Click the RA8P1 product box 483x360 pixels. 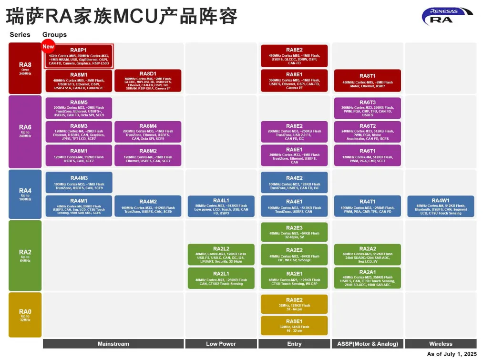[x=79, y=56]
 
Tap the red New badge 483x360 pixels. [x=49, y=46]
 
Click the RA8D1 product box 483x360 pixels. [x=148, y=81]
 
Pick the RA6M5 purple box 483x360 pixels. [x=79, y=108]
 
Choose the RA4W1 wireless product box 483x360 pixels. [x=441, y=206]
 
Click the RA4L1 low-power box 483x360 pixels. [x=221, y=206]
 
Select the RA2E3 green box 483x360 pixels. [x=294, y=232]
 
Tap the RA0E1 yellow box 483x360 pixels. [x=294, y=325]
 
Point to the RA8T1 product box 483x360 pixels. [x=367, y=81]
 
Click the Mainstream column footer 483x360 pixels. [x=113, y=344]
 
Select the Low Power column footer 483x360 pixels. [x=221, y=344]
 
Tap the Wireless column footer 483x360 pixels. [x=441, y=344]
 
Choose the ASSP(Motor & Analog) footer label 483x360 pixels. [x=367, y=344]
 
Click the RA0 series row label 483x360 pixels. [x=25, y=314]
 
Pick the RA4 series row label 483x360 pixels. [x=25, y=194]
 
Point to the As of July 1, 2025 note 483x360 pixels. [x=452, y=354]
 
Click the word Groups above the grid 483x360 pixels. [x=54, y=35]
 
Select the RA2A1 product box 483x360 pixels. [x=367, y=278]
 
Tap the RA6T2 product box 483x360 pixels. [x=367, y=132]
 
